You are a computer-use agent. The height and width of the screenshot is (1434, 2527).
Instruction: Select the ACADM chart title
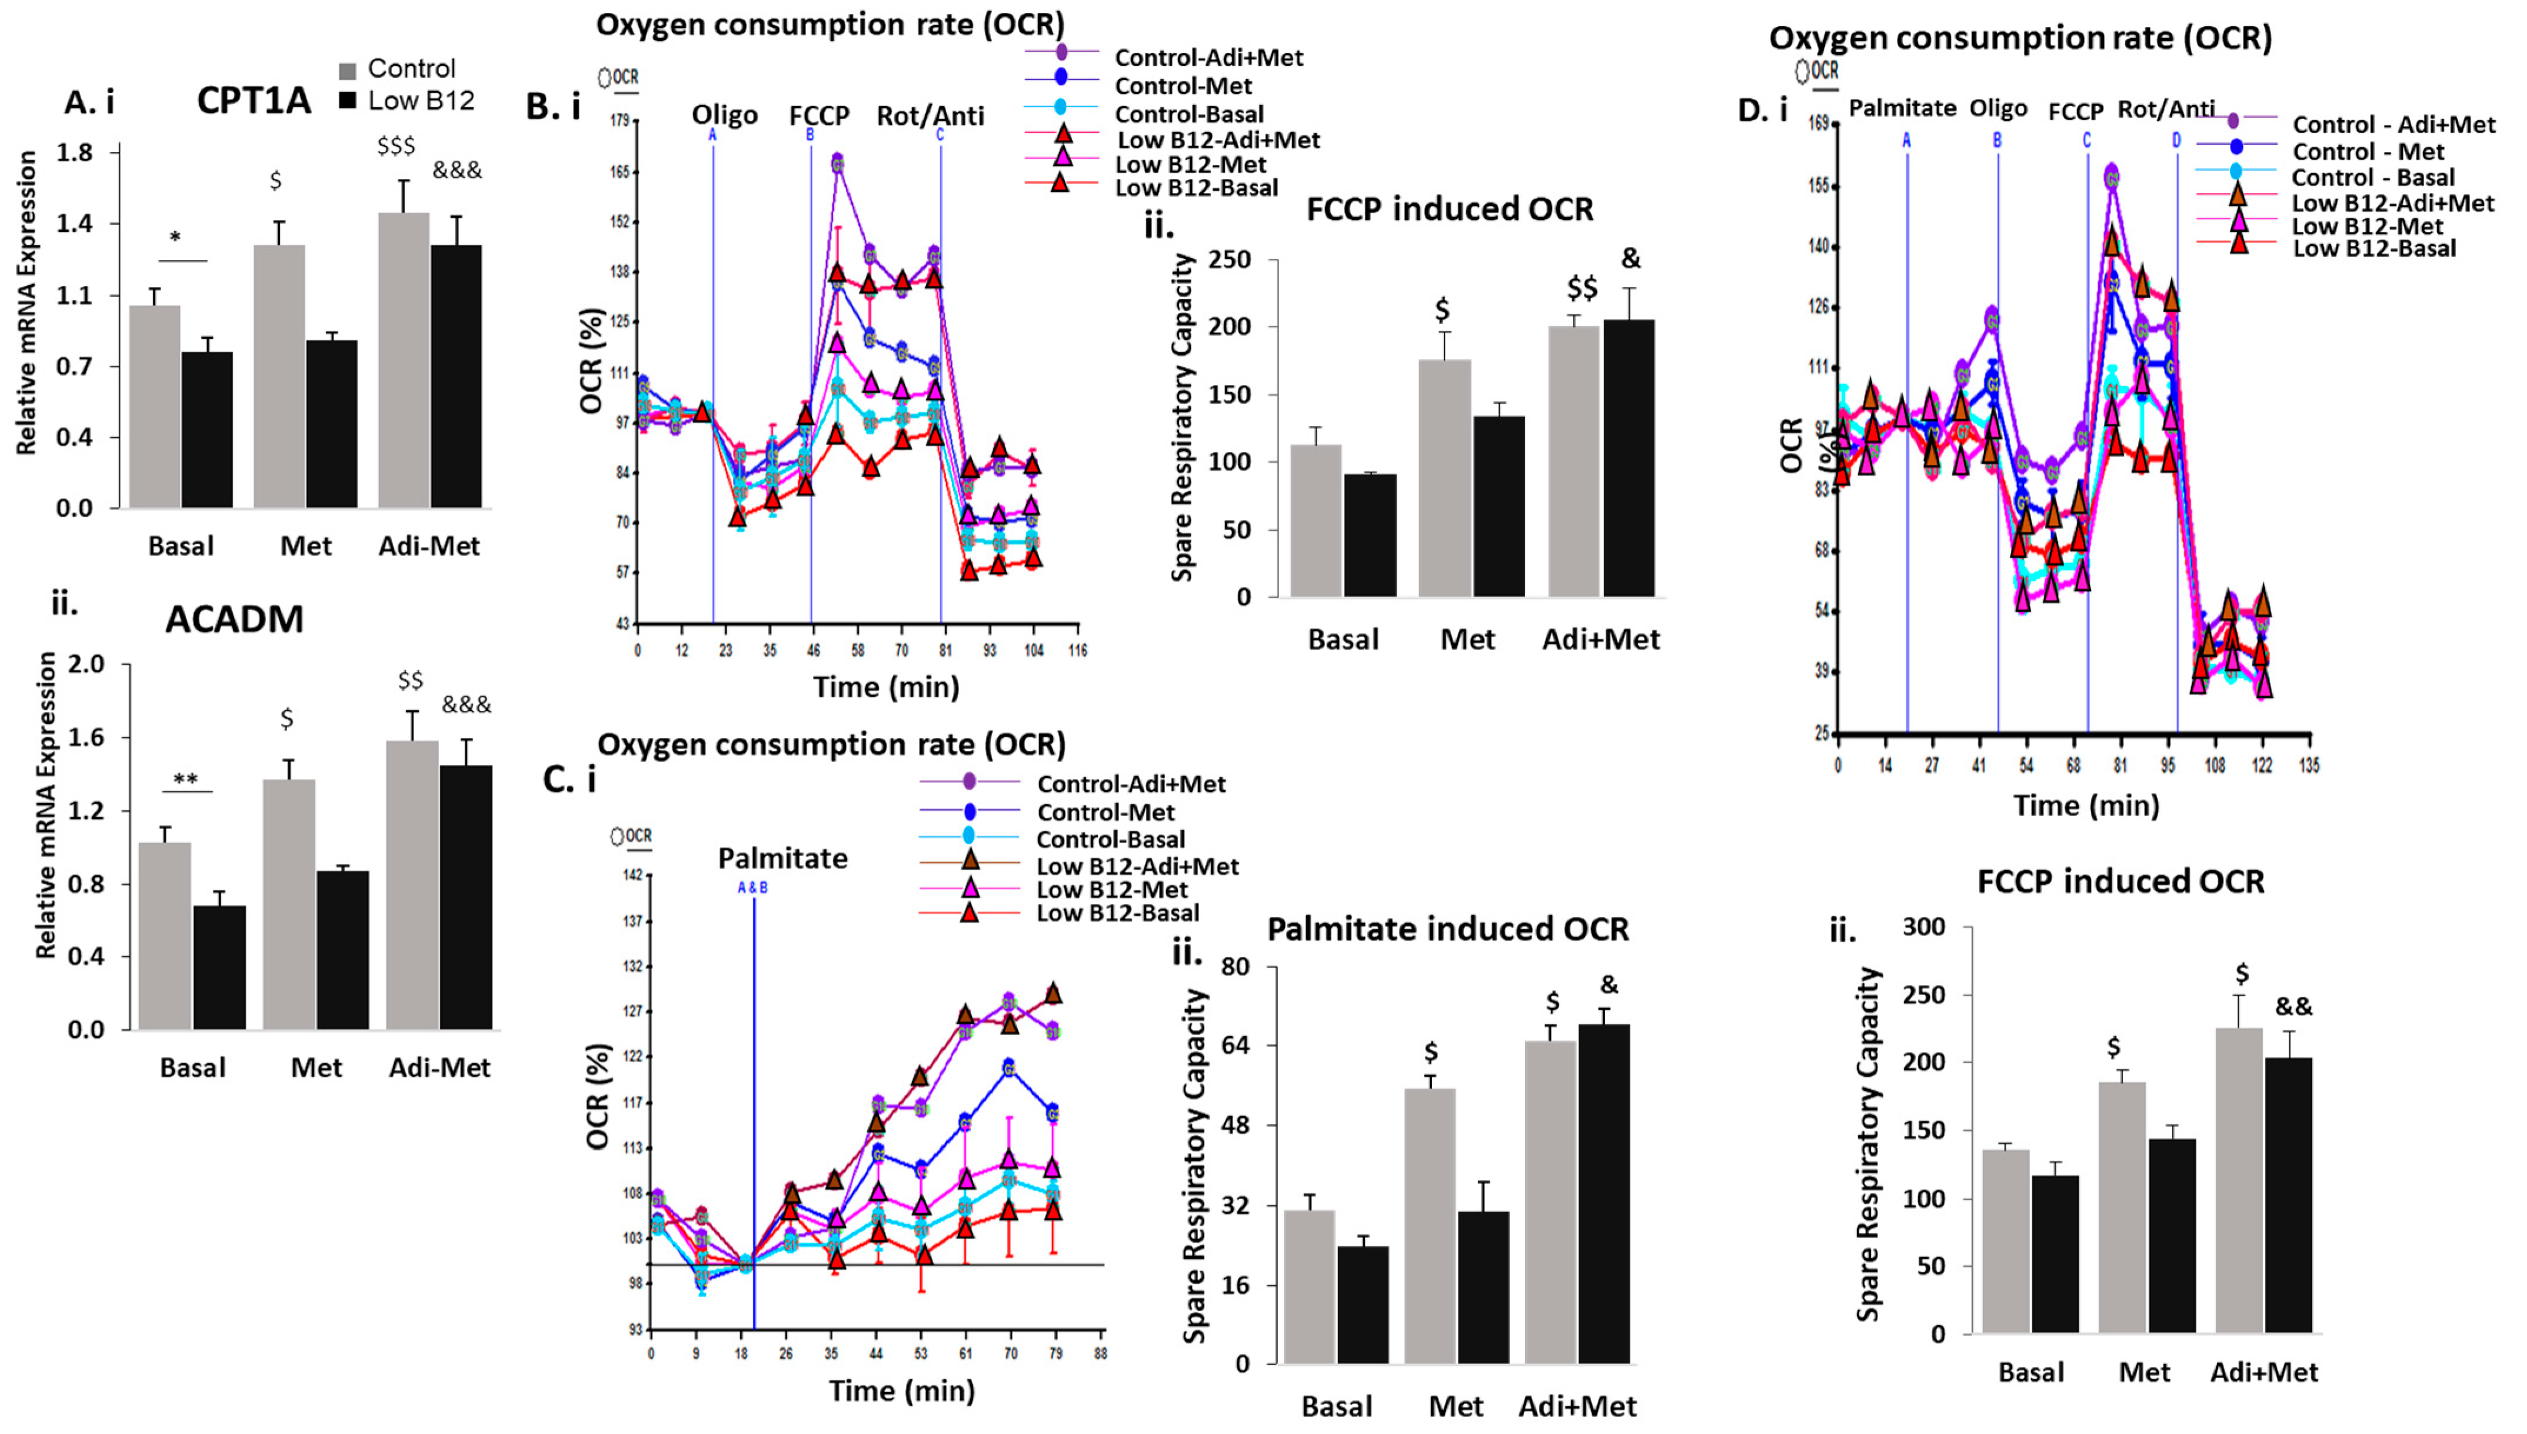[234, 620]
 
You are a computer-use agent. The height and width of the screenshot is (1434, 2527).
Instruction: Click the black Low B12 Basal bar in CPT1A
[207, 430]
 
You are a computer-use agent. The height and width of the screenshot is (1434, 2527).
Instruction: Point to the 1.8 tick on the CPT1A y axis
[75, 152]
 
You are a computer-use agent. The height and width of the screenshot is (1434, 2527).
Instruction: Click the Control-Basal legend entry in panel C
[1110, 839]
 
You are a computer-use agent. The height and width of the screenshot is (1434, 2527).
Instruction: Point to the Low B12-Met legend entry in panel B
[1190, 165]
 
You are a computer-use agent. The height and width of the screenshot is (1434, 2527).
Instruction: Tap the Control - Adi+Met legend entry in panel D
[2393, 125]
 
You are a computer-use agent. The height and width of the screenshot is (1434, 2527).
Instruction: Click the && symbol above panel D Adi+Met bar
[2293, 1007]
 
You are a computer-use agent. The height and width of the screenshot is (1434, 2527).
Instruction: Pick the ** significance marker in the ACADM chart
[185, 780]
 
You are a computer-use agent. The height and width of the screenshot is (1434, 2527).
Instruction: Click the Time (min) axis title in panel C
[901, 1390]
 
